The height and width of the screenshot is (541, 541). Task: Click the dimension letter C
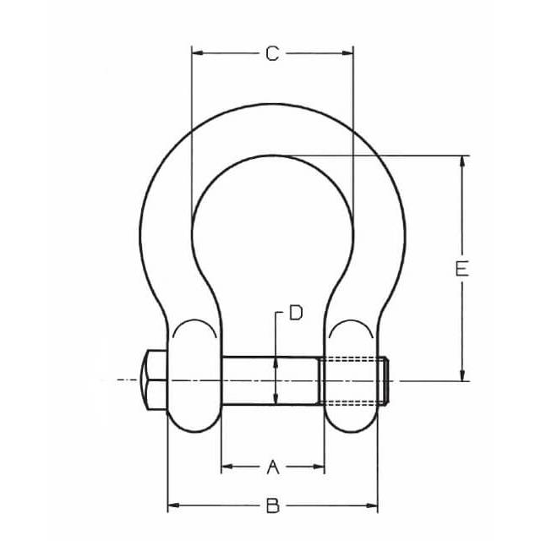[x=272, y=54]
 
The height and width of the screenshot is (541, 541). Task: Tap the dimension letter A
[x=273, y=467]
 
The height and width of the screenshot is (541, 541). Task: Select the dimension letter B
[x=272, y=505]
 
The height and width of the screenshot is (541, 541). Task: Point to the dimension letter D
[x=296, y=313]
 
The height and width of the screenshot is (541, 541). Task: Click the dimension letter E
[x=462, y=269]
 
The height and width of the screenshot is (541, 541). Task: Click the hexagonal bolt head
[x=155, y=380]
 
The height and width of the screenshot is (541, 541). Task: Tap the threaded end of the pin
[x=353, y=381]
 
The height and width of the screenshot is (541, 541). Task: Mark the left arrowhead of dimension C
[x=198, y=53]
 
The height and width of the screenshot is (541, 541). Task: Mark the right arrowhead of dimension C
[x=347, y=53]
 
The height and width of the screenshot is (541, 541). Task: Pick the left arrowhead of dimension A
[x=227, y=467]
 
